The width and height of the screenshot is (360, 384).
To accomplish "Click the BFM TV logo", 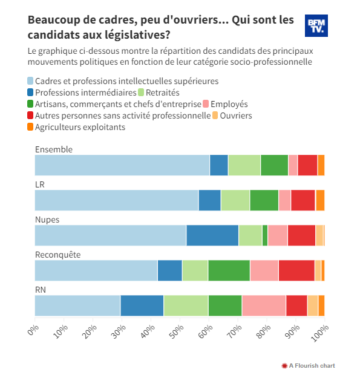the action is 316,26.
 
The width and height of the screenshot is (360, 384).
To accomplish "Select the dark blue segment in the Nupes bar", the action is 212,235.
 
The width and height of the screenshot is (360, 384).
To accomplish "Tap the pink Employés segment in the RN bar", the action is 264,305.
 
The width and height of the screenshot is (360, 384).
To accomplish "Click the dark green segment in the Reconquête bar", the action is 229,270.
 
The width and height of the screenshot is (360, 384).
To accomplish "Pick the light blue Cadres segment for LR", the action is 117,200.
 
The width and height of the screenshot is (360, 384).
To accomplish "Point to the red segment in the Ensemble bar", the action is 307,165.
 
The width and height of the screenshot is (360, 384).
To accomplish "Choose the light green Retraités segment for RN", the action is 186,305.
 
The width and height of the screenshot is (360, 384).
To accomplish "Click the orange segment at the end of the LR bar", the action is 320,200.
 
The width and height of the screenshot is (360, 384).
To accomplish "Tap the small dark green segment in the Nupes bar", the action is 265,235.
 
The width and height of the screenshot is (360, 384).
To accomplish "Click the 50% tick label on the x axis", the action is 177,331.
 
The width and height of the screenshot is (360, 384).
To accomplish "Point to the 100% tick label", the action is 319,333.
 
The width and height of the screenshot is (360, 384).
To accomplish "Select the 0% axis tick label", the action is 33,330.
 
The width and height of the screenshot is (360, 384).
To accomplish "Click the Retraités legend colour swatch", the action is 141,93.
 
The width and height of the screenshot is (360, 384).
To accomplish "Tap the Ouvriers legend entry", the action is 232,116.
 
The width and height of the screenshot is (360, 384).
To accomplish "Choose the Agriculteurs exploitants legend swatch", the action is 30,127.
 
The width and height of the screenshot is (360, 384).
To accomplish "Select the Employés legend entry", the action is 226,104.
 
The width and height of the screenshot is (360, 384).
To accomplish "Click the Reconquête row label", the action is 58,255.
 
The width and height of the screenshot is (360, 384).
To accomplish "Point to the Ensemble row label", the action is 54,149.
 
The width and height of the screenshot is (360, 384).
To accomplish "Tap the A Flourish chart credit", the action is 309,366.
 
